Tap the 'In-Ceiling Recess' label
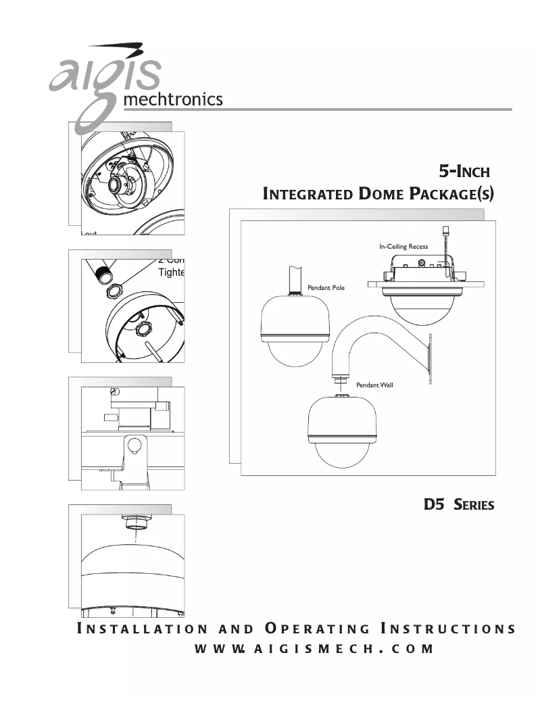pyautogui.click(x=403, y=247)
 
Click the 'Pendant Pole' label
pyautogui.click(x=326, y=288)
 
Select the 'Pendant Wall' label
pyautogui.click(x=374, y=385)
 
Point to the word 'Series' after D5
pyautogui.click(x=474, y=505)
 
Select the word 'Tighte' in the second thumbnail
pyautogui.click(x=170, y=272)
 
